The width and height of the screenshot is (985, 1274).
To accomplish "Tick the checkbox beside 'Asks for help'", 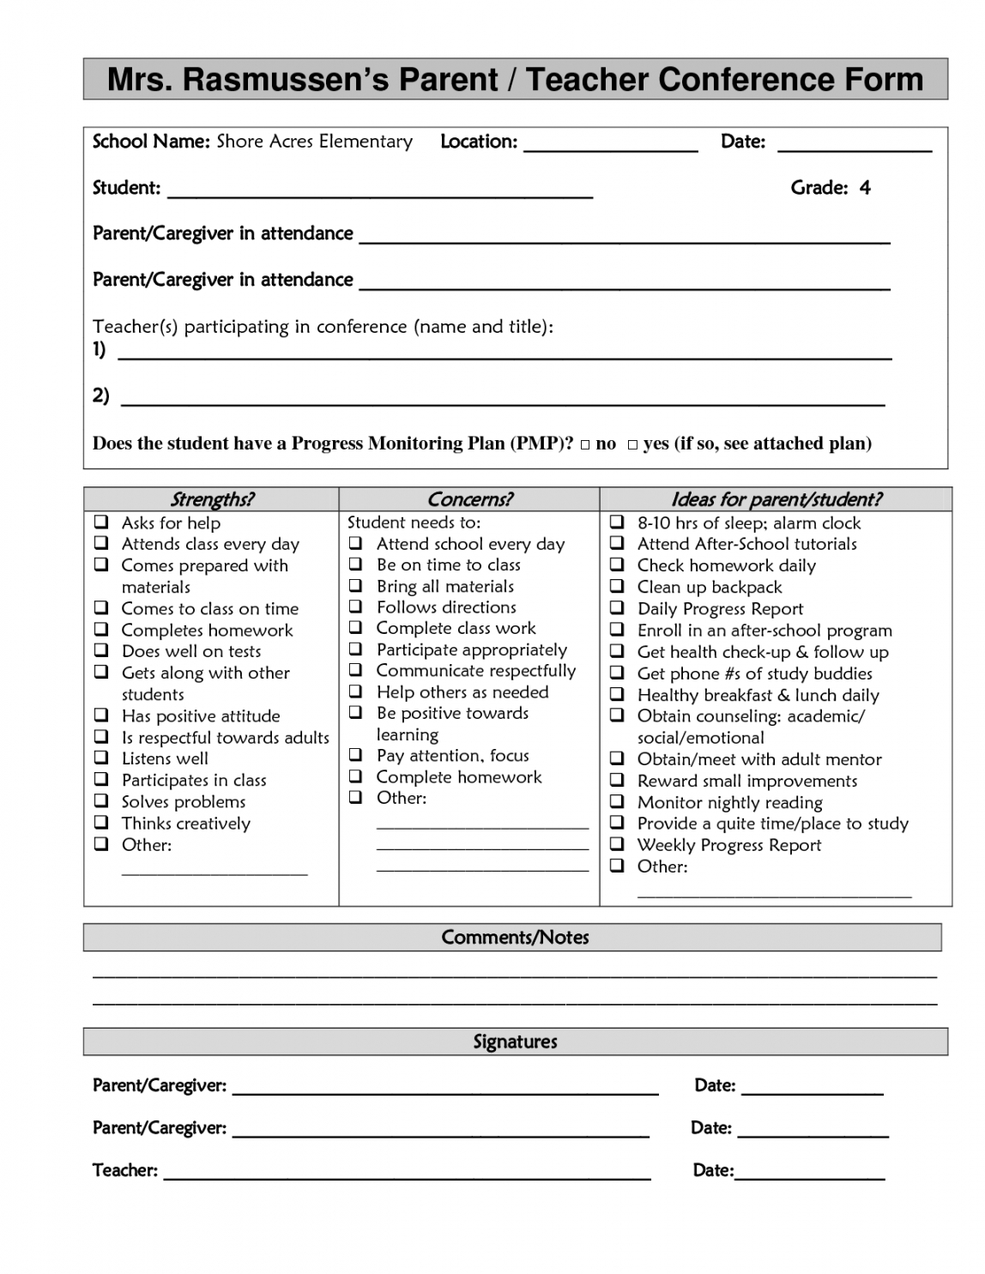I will (x=101, y=522).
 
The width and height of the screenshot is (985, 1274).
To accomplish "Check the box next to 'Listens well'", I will (x=101, y=758).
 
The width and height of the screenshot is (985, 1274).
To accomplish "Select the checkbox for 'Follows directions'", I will (x=356, y=607).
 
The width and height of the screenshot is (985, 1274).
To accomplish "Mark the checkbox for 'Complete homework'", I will (x=356, y=776).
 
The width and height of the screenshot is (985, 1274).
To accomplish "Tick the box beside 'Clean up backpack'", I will (x=617, y=587).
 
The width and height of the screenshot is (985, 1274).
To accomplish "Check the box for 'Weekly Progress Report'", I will (x=617, y=844).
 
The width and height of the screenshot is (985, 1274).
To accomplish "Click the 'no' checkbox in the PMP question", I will (x=585, y=444).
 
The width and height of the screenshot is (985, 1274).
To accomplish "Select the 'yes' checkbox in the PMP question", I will (x=632, y=444).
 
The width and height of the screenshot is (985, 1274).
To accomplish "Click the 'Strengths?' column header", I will (x=211, y=499).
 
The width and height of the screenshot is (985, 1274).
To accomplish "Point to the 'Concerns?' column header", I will (x=469, y=499).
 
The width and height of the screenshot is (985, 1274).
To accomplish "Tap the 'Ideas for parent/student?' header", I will (x=776, y=499).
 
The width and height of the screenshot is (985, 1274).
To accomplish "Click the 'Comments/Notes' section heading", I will (x=515, y=937).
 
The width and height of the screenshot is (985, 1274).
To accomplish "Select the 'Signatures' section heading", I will (x=515, y=1042).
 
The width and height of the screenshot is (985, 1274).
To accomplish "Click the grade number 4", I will (x=865, y=188).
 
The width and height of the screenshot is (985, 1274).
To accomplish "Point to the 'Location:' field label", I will (x=479, y=142).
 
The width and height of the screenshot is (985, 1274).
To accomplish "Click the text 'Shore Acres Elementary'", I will (x=314, y=142).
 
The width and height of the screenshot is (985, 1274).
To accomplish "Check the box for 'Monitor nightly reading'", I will (x=617, y=801).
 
